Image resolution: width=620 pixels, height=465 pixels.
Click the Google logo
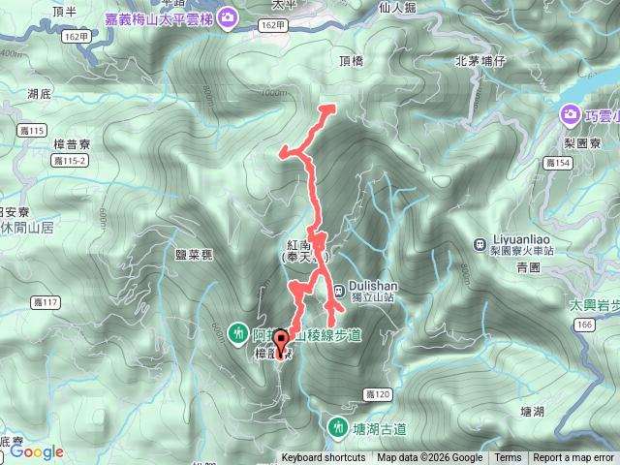[x=37, y=451]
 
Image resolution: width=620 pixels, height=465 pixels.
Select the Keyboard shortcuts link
[x=325, y=458]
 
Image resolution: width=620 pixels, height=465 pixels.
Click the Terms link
[x=508, y=458]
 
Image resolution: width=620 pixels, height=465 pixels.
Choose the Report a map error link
[x=573, y=458]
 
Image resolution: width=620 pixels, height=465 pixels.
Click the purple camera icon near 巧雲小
[x=571, y=116]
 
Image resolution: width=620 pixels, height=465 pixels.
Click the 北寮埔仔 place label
[x=481, y=61]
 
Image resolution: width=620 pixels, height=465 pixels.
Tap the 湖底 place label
[x=40, y=94]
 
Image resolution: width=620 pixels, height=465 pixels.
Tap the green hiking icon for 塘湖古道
[x=338, y=425]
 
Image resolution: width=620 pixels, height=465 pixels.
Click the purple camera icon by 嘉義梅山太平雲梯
[x=227, y=16]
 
